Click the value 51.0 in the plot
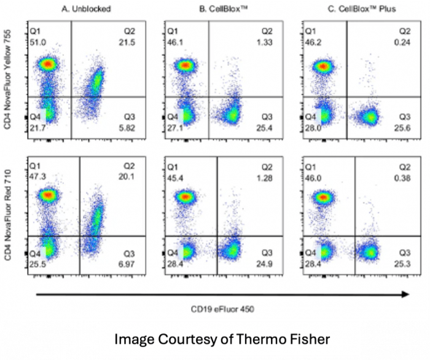tap(37, 42)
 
